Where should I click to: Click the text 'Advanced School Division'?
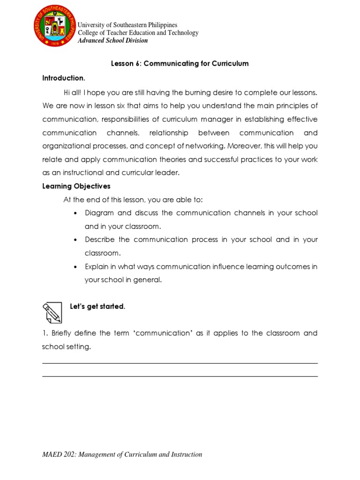click(112, 40)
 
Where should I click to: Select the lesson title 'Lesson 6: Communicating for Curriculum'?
click(180, 64)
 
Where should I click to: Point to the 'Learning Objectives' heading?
click(76, 186)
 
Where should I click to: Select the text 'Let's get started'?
click(97, 307)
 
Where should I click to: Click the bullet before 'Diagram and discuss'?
click(75, 213)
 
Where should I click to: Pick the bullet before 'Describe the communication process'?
click(75, 240)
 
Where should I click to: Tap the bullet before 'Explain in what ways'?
click(75, 267)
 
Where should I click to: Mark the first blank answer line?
click(180, 363)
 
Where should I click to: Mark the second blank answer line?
click(180, 376)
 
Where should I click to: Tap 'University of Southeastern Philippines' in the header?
click(127, 25)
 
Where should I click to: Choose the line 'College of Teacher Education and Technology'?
click(138, 33)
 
